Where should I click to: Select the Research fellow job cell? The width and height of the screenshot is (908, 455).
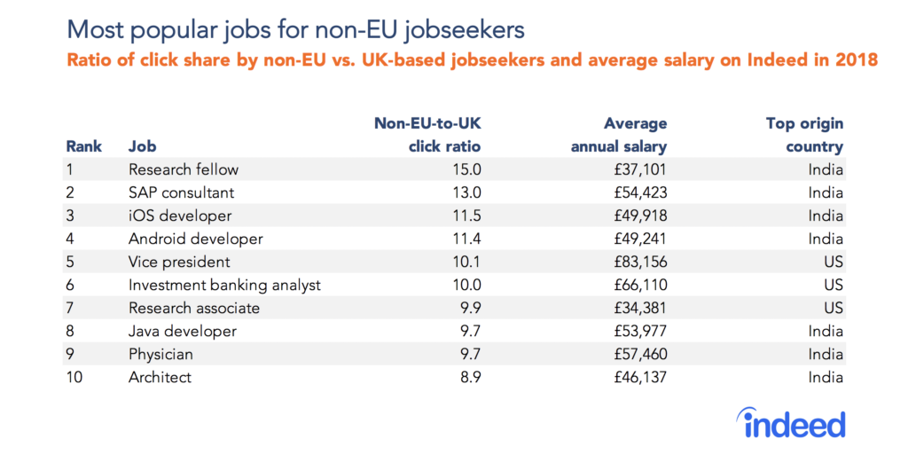point(184,169)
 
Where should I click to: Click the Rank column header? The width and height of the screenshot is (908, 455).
point(83,146)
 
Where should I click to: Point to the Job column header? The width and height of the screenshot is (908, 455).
point(143,146)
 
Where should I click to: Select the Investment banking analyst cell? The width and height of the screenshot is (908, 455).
point(224,285)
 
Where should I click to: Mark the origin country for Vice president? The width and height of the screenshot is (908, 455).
point(830,262)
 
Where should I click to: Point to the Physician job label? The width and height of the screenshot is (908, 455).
point(160,354)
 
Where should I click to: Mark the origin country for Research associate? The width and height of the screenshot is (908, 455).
point(830,308)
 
